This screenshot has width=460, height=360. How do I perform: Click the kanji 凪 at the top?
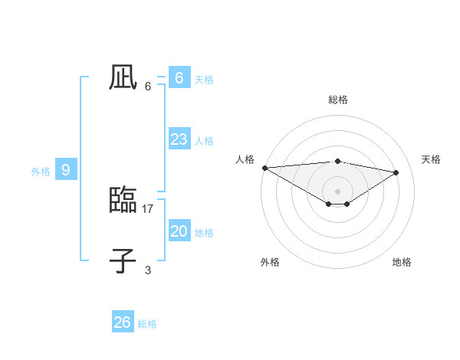click(123, 77)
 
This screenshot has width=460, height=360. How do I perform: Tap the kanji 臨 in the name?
click(123, 200)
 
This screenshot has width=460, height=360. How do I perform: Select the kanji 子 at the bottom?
click(123, 261)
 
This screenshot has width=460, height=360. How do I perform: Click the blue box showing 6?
click(179, 77)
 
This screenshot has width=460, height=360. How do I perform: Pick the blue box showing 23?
click(179, 139)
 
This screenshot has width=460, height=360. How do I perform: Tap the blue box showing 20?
click(179, 231)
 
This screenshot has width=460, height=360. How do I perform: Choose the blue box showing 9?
click(66, 170)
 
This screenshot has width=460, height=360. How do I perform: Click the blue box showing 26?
click(122, 322)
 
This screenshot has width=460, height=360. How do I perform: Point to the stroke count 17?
click(148, 208)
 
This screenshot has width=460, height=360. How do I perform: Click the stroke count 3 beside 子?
click(148, 270)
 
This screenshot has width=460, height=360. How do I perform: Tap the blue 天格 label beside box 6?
click(204, 79)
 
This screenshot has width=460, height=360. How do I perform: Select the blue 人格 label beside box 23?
click(204, 141)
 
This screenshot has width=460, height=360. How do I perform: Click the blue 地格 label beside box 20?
click(204, 233)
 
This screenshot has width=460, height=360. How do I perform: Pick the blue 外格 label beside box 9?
click(41, 172)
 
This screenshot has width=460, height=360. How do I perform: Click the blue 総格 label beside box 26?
click(147, 324)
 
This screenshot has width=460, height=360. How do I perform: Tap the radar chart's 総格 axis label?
click(337, 100)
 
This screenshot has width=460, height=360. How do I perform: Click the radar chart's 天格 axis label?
click(431, 159)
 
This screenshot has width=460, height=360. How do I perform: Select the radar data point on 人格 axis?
click(264, 168)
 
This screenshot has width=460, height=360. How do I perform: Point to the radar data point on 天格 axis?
click(396, 172)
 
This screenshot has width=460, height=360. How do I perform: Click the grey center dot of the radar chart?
click(337, 191)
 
